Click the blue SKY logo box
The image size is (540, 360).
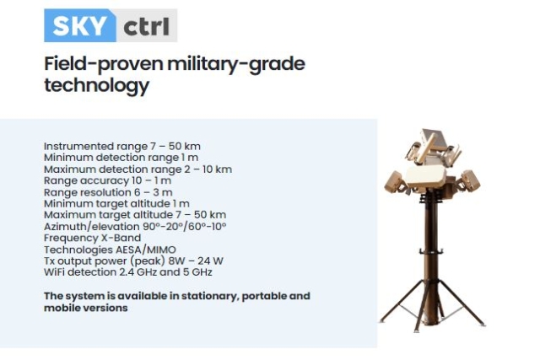coord(80,25)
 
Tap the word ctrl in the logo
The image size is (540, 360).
coord(146,26)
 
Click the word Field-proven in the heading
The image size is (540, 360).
coord(104,64)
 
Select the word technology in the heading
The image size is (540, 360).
coord(97,85)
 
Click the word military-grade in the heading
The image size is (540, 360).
coord(236,64)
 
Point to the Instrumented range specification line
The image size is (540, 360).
coord(122,146)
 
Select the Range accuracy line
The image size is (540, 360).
coord(107,180)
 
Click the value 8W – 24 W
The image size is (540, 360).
coord(196,261)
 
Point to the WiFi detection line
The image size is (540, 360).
coord(128,272)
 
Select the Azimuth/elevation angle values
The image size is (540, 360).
coord(185,227)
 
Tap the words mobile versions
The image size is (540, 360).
coord(86,308)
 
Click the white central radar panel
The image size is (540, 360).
coord(425,176)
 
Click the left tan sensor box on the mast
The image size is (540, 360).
coord(395,183)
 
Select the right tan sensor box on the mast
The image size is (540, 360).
coord(470,180)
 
